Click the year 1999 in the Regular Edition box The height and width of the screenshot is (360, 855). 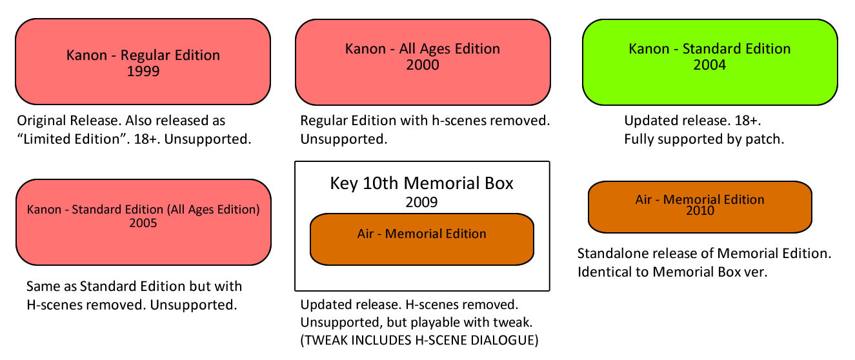point(143,72)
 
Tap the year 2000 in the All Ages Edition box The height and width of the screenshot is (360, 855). point(423,65)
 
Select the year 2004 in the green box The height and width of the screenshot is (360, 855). point(710,65)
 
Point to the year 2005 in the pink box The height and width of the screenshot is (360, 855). point(143,223)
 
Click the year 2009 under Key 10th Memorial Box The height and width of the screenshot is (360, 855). point(421,202)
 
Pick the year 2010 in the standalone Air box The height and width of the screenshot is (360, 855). point(700,211)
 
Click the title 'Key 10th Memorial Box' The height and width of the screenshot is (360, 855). point(422,183)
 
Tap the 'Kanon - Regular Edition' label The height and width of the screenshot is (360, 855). point(143,55)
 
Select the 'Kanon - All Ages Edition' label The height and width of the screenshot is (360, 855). point(423,49)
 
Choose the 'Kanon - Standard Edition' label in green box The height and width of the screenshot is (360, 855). point(710,49)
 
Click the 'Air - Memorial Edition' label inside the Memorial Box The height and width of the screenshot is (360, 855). point(422,234)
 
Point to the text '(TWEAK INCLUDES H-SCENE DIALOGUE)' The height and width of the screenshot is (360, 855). point(419,340)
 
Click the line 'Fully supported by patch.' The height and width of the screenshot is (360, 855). point(704,139)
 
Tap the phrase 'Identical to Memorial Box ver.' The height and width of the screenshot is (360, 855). point(672,272)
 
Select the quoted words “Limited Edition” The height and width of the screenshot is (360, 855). point(68,139)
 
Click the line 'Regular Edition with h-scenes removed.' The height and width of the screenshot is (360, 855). point(425,121)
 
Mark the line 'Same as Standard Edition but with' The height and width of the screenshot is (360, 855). point(134,286)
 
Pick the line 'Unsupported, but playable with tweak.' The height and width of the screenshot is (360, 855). point(416,323)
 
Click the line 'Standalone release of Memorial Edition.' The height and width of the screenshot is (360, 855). point(704,254)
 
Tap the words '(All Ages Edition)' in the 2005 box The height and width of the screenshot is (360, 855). point(213,210)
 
